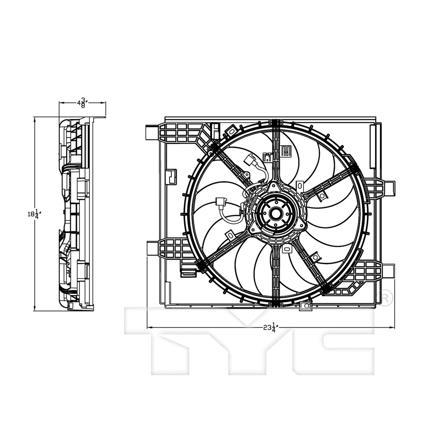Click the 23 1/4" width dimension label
tap(269, 328)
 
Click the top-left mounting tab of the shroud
tap(152, 132)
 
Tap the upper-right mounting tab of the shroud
tap(389, 189)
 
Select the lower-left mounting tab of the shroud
tap(152, 248)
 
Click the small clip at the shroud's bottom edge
tap(305, 307)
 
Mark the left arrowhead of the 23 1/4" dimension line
tap(149, 328)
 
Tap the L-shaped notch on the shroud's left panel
tap(171, 176)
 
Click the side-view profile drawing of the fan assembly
tap(76, 214)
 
